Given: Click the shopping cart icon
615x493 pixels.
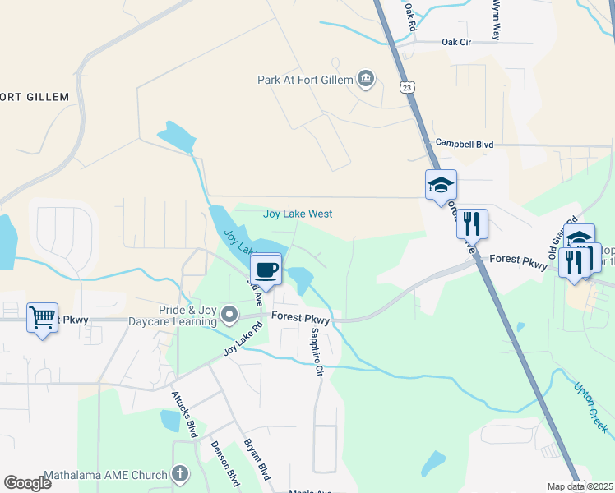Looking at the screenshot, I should [42, 316].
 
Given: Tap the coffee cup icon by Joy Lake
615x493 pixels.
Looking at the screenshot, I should [266, 269].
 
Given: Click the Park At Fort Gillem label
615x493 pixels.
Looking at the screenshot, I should [305, 80].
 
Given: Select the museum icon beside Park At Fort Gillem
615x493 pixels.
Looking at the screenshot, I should [367, 80].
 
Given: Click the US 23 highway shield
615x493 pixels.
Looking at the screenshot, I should [407, 86].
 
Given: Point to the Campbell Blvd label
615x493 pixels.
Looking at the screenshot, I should [465, 144].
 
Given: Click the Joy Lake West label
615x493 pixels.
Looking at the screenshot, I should [298, 214].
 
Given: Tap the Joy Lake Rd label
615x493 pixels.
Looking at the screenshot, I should [243, 339].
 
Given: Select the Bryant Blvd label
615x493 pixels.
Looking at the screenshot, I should [257, 459].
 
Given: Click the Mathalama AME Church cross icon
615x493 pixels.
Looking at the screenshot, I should [180, 473].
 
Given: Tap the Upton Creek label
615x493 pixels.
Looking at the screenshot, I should [591, 408].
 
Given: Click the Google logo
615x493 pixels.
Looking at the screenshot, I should [27, 483].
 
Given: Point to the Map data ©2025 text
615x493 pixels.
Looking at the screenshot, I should [580, 486].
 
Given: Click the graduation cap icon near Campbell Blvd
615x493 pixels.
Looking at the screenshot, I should [441, 185].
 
